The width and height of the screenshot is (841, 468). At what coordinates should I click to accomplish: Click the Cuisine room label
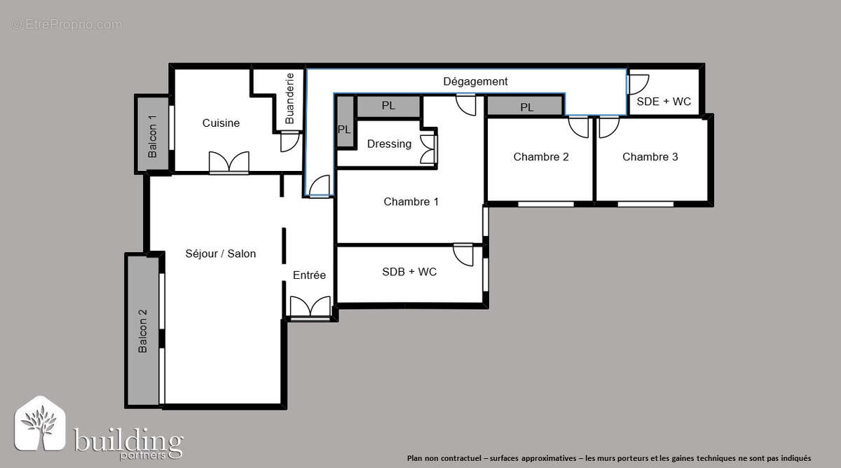tap(221, 123)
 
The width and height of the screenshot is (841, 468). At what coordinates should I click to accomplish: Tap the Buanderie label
tap(289, 98)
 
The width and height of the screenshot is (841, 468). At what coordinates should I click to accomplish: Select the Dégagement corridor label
tap(475, 81)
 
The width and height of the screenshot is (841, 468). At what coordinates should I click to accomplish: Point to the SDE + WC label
tap(664, 102)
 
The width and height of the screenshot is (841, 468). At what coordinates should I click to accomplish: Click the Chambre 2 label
tap(541, 157)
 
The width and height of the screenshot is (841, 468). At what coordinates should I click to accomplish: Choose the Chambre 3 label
tap(650, 157)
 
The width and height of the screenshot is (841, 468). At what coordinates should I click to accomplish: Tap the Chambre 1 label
tap(411, 202)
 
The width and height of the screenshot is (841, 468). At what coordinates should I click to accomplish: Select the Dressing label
tap(389, 144)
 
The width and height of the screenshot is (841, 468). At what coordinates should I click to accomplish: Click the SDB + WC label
tap(409, 272)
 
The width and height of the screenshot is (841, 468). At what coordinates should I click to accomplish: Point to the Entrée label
tap(309, 275)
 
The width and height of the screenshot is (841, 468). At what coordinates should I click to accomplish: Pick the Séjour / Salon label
tap(220, 254)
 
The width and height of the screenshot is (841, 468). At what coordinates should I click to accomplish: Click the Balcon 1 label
tap(152, 136)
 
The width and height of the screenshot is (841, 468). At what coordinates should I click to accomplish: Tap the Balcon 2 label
tap(143, 331)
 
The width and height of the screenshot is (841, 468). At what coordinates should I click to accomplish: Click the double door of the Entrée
tap(310, 308)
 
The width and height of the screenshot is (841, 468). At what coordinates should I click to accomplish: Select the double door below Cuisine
tap(229, 162)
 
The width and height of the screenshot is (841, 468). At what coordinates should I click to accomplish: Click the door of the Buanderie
tap(289, 141)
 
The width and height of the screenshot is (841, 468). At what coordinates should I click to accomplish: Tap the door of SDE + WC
tap(638, 85)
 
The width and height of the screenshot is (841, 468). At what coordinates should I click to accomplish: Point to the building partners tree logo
tap(40, 424)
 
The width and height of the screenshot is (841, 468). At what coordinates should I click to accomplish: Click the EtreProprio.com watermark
tap(67, 25)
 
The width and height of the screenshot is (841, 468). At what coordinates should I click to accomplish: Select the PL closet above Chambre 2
tap(526, 106)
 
